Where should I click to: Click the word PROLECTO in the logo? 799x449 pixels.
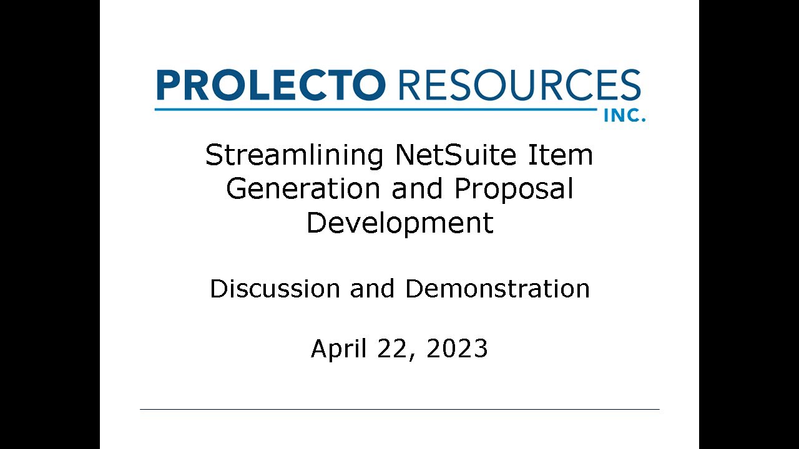[x=270, y=85]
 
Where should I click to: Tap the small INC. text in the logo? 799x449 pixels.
[x=624, y=116]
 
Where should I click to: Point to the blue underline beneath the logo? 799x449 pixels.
[x=375, y=110]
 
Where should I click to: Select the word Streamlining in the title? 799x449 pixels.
[x=294, y=155]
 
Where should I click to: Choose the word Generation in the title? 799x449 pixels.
[x=302, y=189]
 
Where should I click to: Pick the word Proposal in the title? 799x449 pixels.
[x=514, y=189]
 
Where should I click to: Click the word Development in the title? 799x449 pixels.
[x=399, y=223]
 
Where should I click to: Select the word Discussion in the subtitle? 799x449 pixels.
[x=275, y=289]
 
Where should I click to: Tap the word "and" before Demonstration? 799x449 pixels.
[x=372, y=289]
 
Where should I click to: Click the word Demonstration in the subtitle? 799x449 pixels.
[x=497, y=289]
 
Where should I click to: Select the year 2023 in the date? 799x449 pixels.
[x=457, y=349]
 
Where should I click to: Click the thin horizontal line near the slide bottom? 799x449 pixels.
[x=399, y=409]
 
